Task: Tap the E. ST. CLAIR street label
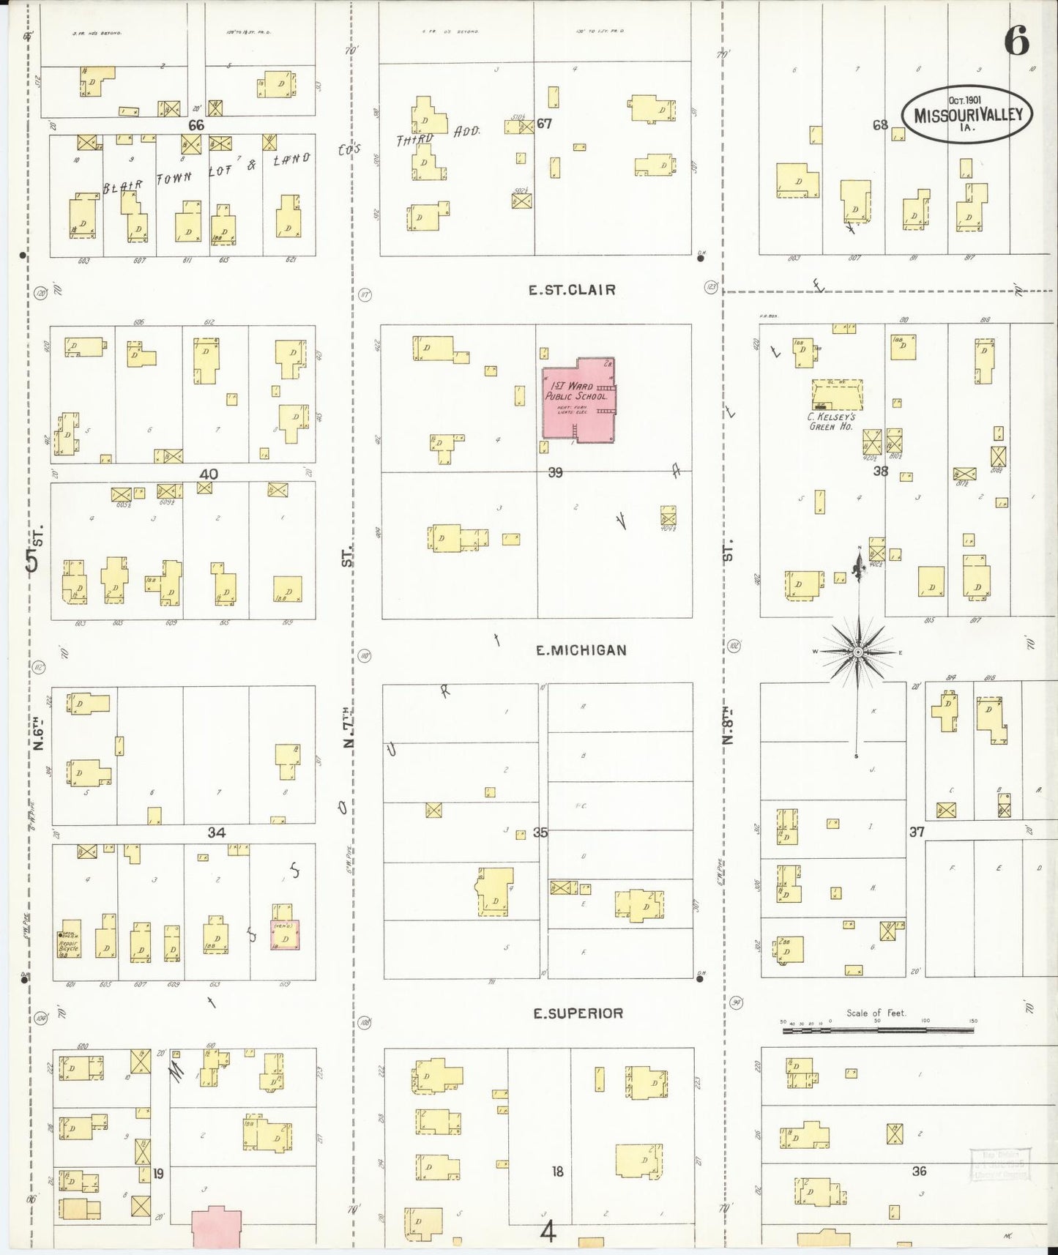pyautogui.click(x=572, y=290)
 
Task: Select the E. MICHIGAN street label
pyautogui.click(x=581, y=650)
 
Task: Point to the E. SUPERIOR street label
pyautogui.click(x=578, y=1013)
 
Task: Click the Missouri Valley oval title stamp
pyautogui.click(x=967, y=115)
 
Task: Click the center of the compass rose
pyautogui.click(x=857, y=652)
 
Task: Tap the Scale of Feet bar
pyautogui.click(x=877, y=1029)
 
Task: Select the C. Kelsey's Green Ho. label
pyautogui.click(x=831, y=422)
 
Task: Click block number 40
pyautogui.click(x=209, y=474)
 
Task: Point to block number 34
pyautogui.click(x=216, y=833)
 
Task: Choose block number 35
pyautogui.click(x=540, y=833)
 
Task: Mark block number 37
pyautogui.click(x=917, y=832)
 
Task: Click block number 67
pyautogui.click(x=544, y=124)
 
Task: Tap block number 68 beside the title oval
pyautogui.click(x=880, y=125)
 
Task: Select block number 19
pyautogui.click(x=158, y=1174)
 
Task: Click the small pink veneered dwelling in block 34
pyautogui.click(x=286, y=935)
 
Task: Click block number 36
pyautogui.click(x=919, y=1171)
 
